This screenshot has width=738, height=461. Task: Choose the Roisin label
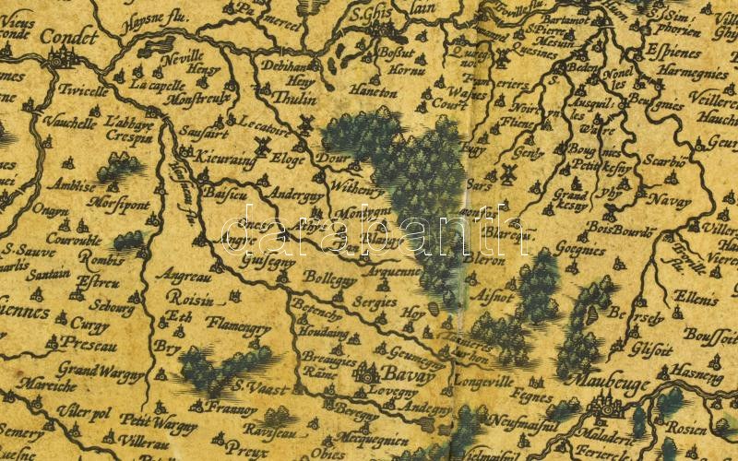point(192,300)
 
